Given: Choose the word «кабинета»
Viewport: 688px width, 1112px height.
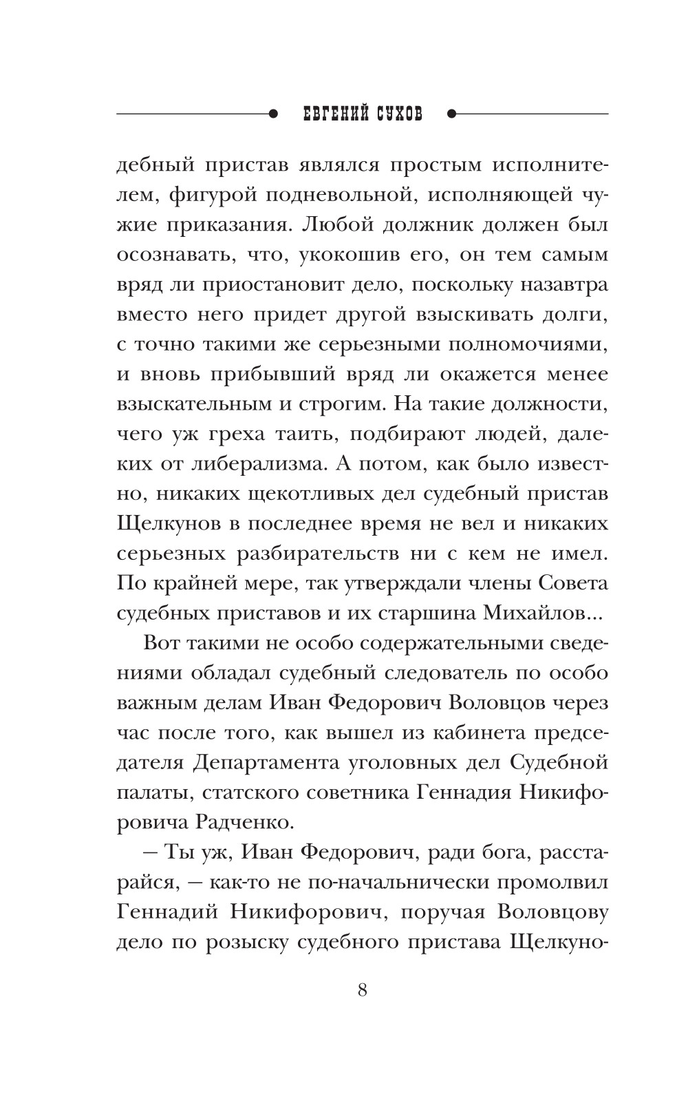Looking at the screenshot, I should [x=485, y=733].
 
